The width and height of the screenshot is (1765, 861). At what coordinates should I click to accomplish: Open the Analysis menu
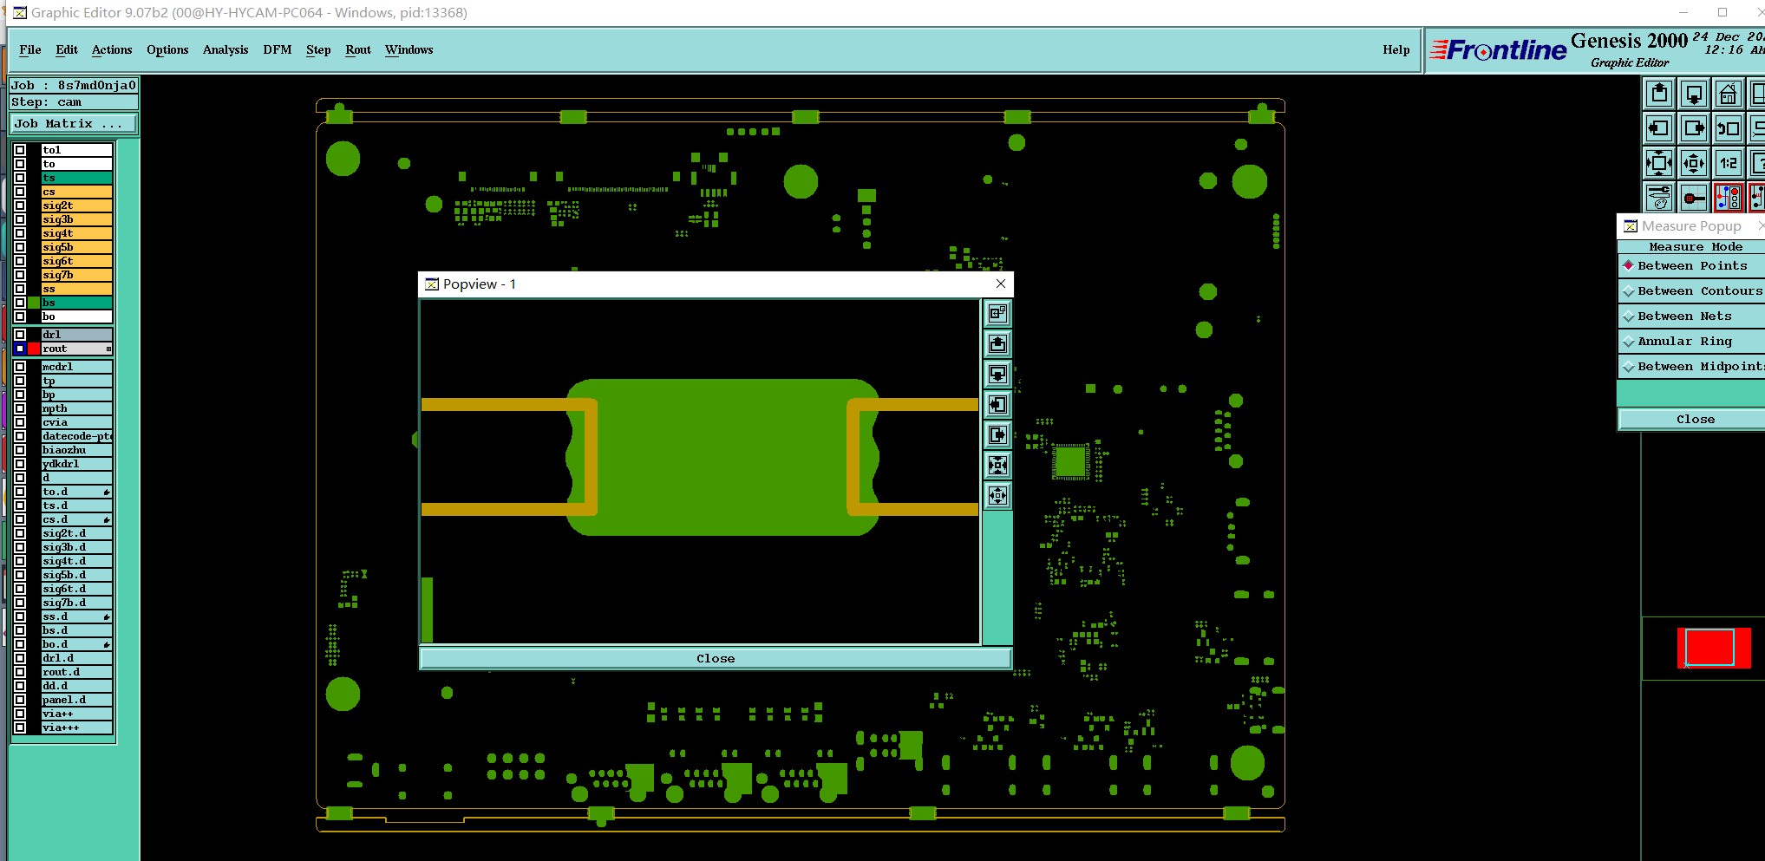point(226,49)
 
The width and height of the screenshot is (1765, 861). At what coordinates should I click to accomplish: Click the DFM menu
point(278,49)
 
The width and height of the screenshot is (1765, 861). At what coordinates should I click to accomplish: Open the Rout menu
point(358,49)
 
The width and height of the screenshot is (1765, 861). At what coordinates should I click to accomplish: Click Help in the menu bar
point(1396,49)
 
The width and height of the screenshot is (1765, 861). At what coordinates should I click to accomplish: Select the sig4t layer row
point(77,233)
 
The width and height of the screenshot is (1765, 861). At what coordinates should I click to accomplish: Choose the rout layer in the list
point(77,349)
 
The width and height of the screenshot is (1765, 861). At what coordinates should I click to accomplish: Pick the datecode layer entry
point(77,436)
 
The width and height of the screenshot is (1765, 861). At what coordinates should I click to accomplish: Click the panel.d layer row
point(77,700)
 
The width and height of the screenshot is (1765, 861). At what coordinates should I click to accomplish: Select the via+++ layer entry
point(77,727)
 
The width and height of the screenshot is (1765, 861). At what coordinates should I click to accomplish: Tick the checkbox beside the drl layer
point(20,335)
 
